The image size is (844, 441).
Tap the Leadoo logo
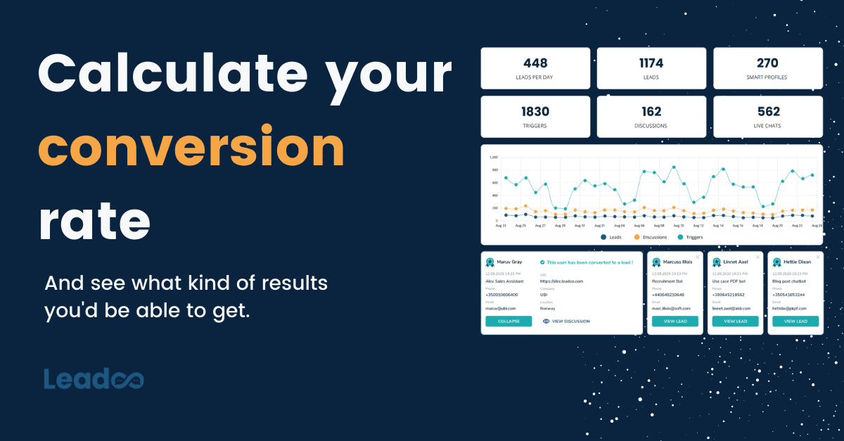tap(94, 378)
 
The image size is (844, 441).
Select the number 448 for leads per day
tap(535, 63)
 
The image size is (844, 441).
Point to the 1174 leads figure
tap(651, 63)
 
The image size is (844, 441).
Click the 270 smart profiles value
tap(767, 63)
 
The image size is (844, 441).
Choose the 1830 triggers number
tap(535, 111)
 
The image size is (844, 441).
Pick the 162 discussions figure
tap(651, 111)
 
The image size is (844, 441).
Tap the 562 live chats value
tap(767, 111)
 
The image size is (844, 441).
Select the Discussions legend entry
tap(651, 237)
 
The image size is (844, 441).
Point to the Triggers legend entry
tap(693, 237)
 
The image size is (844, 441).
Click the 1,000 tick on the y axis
tap(493, 158)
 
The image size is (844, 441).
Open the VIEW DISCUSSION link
tap(566, 321)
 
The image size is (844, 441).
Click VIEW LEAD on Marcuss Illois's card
tap(674, 321)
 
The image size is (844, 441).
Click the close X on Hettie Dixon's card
tap(817, 257)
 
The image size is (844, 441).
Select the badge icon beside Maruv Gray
tap(490, 262)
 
